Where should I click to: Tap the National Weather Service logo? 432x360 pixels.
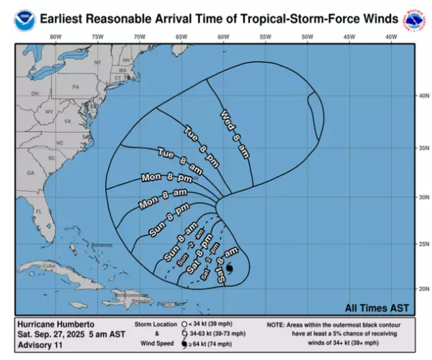coord(414,21)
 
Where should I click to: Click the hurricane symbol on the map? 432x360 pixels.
coord(229,269)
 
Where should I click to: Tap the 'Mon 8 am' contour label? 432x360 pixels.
coord(163,198)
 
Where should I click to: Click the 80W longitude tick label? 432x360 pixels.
coord(55,36)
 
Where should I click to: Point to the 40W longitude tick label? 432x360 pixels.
coord(391,36)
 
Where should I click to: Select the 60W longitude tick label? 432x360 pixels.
coord(223,36)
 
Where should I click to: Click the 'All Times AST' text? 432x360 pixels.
coord(378,307)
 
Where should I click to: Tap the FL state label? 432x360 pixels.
coord(40,211)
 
